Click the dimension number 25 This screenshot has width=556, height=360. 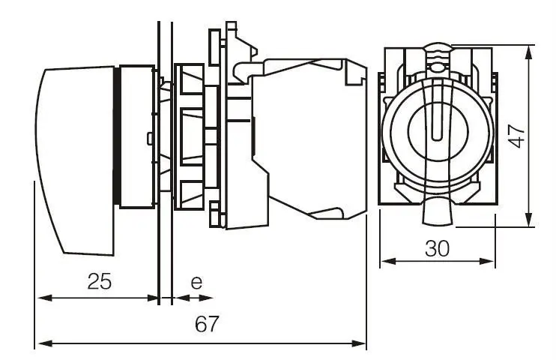[x=99, y=281]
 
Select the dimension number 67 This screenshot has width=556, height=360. [x=207, y=324]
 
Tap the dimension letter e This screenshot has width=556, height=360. [x=196, y=282]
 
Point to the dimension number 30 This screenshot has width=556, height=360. [x=437, y=248]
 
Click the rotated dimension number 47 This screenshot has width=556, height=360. [x=517, y=136]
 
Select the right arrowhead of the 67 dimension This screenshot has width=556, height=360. [x=358, y=343]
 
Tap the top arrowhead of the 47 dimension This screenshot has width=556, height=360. [x=529, y=53]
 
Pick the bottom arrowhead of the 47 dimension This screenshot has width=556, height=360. [x=529, y=220]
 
